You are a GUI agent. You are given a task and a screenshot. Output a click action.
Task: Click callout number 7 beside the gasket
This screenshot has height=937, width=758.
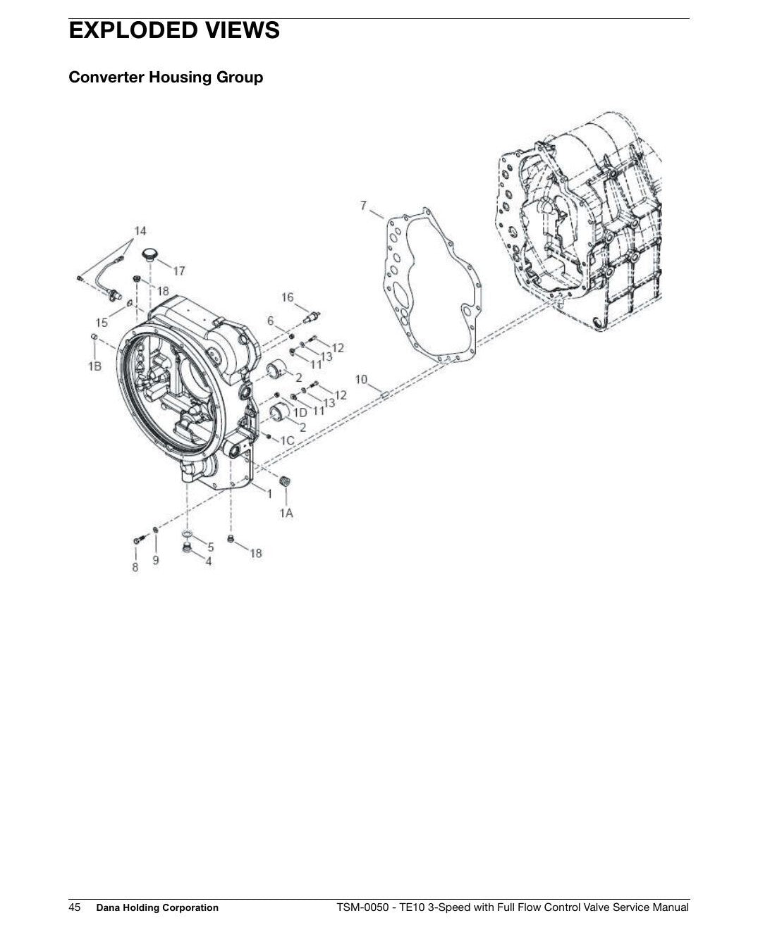pos(363,206)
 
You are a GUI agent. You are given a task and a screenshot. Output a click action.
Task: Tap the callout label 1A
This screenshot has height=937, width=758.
pos(286,513)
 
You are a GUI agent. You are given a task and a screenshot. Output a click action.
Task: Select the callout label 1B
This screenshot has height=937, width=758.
pos(94,366)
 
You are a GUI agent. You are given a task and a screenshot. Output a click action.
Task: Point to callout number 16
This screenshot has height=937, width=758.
pos(288,297)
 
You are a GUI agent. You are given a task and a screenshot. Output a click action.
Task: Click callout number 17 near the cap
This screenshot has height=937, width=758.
pos(179,271)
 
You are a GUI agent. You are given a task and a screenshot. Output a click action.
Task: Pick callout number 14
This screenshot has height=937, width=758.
pos(140,230)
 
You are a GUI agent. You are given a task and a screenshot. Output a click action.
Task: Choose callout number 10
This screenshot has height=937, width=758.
pos(361,379)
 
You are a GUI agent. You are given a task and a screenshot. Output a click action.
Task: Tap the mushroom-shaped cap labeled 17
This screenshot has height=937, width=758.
pos(149,254)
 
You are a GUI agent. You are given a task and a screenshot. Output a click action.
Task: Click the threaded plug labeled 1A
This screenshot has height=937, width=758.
pos(286,480)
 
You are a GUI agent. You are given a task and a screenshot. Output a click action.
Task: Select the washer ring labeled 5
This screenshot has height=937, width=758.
pos(187,534)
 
